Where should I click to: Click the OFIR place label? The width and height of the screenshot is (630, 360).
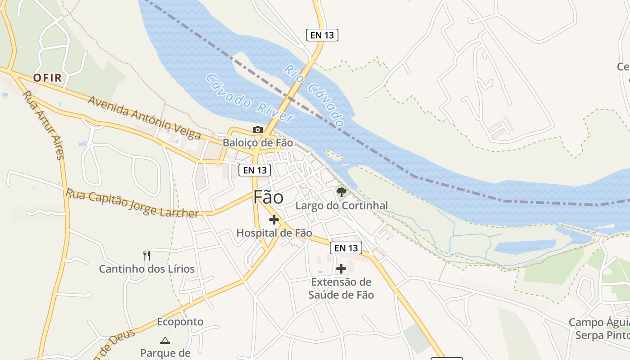47,78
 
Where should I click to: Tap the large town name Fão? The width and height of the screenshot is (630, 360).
269,198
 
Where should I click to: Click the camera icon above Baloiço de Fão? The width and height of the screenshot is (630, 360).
258,130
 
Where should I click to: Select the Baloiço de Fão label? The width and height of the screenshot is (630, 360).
258,143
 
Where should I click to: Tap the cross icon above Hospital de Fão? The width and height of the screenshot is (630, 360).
274,220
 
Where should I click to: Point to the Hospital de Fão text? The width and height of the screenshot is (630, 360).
274,233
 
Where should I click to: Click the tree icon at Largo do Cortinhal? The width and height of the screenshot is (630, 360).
342,192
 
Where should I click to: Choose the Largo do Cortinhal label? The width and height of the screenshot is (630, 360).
342,206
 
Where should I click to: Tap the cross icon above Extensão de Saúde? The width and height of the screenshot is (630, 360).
341,269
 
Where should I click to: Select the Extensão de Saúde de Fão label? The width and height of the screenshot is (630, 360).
341,288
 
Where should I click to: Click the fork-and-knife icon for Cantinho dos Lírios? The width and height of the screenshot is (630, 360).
146,256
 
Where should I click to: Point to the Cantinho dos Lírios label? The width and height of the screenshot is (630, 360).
147,269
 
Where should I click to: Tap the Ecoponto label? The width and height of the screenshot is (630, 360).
180,322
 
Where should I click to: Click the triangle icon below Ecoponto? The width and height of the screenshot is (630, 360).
165,340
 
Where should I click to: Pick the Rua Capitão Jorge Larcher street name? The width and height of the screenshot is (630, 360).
132,203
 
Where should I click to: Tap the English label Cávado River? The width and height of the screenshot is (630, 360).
249,99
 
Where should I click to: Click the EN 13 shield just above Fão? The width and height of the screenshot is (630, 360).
255,170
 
